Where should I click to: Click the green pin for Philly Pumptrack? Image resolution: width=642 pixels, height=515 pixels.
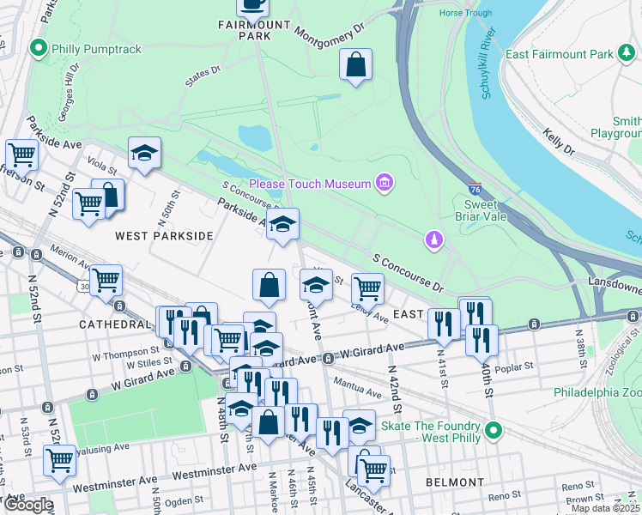[x=38, y=49]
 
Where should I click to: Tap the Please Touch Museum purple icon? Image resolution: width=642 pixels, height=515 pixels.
[x=385, y=183]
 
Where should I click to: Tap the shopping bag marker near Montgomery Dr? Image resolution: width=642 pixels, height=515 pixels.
[x=355, y=64]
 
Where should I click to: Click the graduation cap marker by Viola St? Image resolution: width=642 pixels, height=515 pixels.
[x=144, y=154]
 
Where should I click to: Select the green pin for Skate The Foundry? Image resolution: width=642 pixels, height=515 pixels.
[x=494, y=433]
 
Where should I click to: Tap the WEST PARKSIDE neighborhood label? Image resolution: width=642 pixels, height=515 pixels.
[x=164, y=235]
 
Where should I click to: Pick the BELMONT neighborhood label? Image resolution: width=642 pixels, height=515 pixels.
[x=456, y=482]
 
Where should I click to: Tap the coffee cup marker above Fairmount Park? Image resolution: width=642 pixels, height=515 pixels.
[x=252, y=5]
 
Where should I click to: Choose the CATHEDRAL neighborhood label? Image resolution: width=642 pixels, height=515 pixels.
[x=114, y=324]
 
